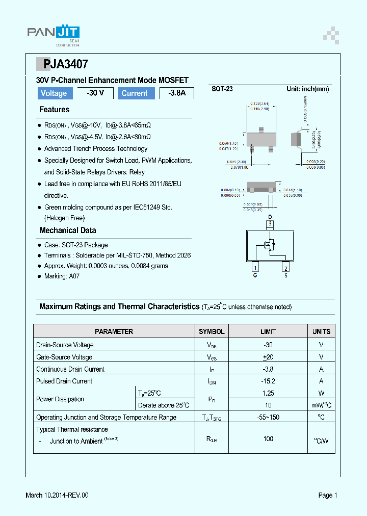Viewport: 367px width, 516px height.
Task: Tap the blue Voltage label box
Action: (x=54, y=93)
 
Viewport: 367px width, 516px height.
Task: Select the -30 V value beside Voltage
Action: (x=95, y=93)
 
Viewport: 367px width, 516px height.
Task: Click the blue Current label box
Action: (x=135, y=93)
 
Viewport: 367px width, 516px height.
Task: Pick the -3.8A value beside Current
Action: (x=177, y=93)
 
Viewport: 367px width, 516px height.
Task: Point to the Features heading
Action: (x=54, y=110)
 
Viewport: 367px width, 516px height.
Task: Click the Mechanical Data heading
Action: (x=68, y=230)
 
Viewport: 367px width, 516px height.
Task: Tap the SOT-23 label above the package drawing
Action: (x=222, y=89)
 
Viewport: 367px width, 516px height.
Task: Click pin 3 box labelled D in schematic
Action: (x=271, y=223)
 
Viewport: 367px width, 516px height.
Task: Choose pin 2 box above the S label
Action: (x=286, y=268)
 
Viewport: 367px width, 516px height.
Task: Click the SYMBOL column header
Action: (x=212, y=331)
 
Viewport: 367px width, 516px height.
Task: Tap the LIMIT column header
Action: (x=268, y=331)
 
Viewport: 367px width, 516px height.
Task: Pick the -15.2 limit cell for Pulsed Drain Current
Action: (x=268, y=381)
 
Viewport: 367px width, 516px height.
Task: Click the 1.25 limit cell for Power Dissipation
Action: (x=268, y=393)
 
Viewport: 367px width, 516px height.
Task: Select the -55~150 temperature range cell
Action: (x=268, y=417)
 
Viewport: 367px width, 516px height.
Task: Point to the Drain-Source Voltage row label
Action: (x=65, y=345)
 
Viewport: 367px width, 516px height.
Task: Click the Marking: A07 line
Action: (x=62, y=276)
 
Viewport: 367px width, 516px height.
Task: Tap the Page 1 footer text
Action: (x=328, y=495)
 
